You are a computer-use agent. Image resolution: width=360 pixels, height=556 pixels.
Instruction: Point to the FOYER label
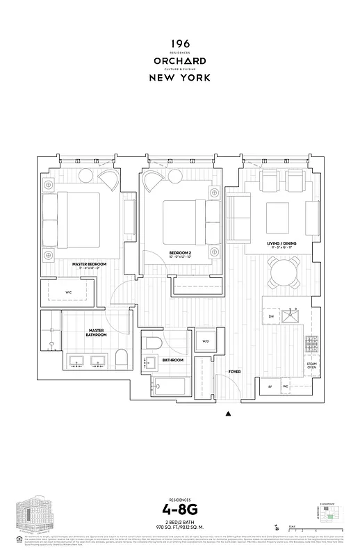pos(235,372)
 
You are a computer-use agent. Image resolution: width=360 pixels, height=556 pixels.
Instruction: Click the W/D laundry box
pos(206,341)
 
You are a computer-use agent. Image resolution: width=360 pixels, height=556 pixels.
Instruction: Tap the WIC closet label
pos(69,293)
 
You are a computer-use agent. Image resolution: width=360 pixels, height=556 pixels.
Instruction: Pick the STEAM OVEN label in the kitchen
pos(311,365)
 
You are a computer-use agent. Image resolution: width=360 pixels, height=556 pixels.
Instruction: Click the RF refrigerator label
pos(270,386)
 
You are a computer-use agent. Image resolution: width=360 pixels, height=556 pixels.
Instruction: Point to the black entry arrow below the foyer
pos(228,415)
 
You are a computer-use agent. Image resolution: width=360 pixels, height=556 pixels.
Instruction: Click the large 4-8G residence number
pos(179,514)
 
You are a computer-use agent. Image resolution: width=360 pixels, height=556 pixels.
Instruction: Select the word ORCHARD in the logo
pos(179,61)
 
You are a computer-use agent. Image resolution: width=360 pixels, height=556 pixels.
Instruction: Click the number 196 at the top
pos(179,44)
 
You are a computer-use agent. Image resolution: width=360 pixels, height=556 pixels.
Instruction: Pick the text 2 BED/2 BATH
pos(179,526)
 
